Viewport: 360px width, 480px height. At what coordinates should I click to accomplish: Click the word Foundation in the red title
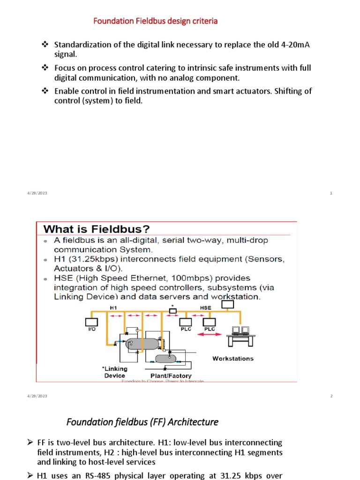coord(111,21)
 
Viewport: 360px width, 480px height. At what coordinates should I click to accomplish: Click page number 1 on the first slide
coord(331,194)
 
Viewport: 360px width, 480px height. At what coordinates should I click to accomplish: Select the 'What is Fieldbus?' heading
coord(97,229)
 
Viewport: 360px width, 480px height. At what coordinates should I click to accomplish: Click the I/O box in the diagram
coord(91,322)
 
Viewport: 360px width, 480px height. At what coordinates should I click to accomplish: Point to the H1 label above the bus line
coord(113,308)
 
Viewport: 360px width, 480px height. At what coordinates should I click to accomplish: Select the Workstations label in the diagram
coord(233,359)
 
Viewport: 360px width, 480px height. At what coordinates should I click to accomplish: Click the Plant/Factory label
coord(171,376)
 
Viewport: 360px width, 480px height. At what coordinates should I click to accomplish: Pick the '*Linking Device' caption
coord(114,372)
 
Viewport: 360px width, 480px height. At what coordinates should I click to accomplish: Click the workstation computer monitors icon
coord(240,334)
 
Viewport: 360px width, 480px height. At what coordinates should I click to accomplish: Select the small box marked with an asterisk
coord(173,310)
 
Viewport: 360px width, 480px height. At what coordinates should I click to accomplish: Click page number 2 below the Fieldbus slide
coord(331,396)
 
